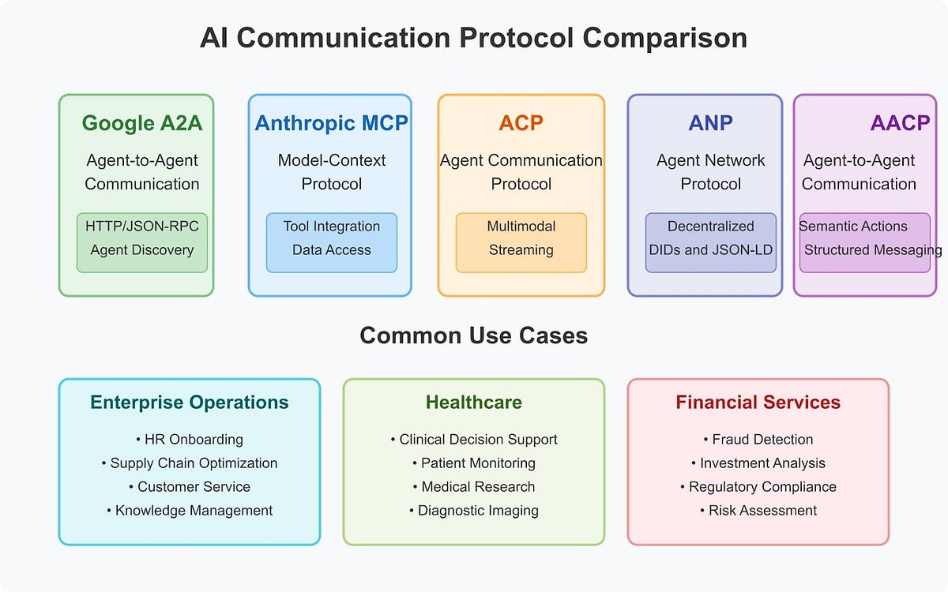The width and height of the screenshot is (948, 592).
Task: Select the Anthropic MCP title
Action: point(331,123)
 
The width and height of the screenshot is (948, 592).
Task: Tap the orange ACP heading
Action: point(521,123)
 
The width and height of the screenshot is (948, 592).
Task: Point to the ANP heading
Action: point(710,123)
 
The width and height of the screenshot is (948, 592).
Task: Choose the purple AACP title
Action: point(900,123)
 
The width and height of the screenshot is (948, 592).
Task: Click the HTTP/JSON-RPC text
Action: point(142,227)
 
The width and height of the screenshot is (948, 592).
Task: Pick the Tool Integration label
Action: point(332,227)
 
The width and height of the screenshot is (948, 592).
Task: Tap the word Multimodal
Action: point(521,227)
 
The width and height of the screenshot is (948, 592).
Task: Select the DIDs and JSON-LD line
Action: point(711,250)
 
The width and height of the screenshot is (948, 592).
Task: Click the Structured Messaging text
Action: point(872,250)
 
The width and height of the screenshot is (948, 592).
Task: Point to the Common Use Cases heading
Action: point(474,335)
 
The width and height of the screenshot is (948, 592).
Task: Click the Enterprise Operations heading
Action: point(190,403)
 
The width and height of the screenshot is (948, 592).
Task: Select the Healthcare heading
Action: point(474,403)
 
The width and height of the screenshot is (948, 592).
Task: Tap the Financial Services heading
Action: point(758,403)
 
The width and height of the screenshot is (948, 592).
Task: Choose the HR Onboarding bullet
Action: point(190,440)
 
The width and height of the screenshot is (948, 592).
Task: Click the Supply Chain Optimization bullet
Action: point(190,463)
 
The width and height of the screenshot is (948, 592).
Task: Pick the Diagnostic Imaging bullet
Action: point(474,511)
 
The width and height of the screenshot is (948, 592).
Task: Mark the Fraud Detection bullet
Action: point(758,440)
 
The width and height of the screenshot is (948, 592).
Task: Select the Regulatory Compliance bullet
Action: point(758,487)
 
